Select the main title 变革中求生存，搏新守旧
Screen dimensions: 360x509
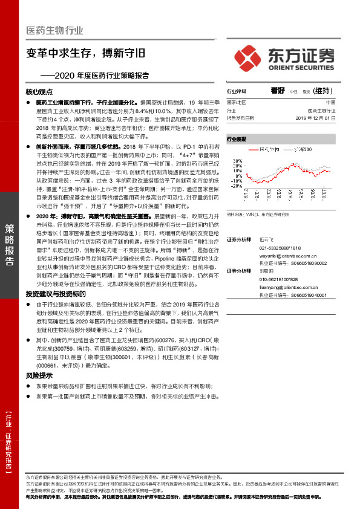click(x=87, y=52)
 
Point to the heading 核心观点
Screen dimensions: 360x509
click(x=41, y=92)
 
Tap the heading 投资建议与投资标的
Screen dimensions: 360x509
click(x=53, y=293)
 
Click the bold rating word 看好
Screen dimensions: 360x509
click(x=278, y=90)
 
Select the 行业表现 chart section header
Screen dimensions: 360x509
click(x=237, y=139)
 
